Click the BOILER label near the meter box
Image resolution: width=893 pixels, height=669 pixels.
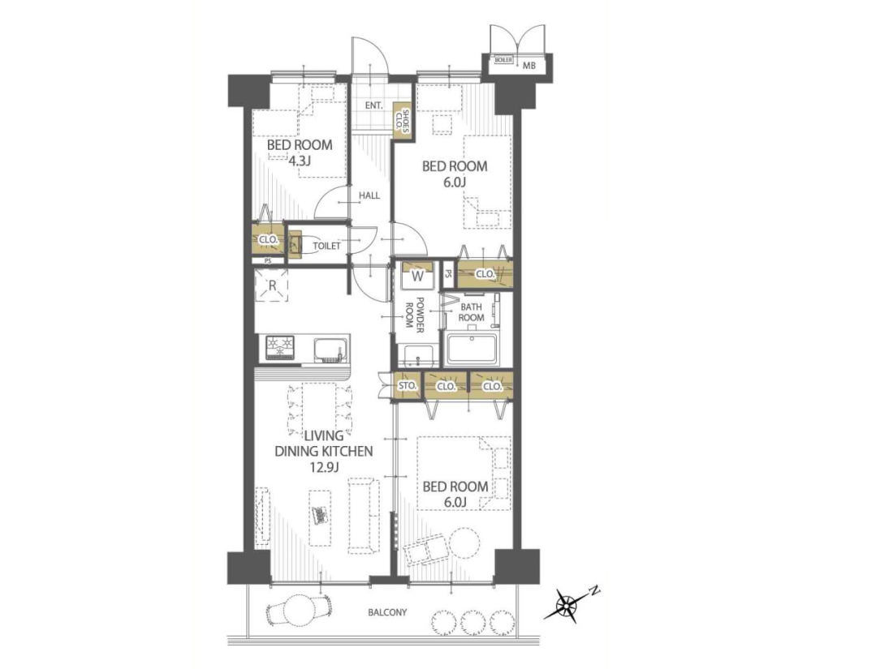(504, 60)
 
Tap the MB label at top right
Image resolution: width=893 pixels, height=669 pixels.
(529, 66)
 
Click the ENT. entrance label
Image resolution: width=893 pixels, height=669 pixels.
(373, 105)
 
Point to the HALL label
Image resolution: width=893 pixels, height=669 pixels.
(369, 195)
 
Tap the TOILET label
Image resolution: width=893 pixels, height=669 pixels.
(326, 247)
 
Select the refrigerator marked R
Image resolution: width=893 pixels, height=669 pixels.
(272, 285)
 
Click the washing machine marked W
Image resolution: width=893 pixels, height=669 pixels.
(417, 276)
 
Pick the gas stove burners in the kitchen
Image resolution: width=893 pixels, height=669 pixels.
(280, 348)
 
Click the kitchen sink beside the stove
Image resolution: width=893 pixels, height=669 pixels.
(329, 350)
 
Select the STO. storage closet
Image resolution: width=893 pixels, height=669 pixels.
(408, 386)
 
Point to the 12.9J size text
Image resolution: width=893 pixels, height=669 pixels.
(323, 468)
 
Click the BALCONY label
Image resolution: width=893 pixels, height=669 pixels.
(387, 613)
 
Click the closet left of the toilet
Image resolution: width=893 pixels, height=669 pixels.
(267, 239)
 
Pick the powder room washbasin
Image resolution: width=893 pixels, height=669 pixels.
(419, 355)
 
